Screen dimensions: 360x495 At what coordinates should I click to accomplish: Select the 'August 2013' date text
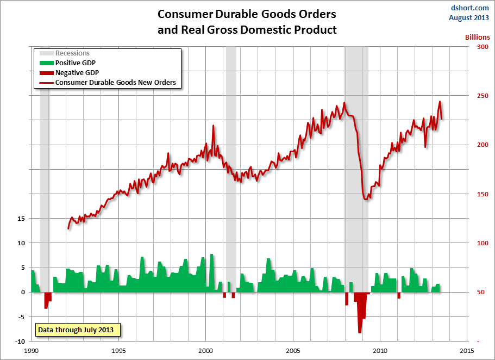[468, 17]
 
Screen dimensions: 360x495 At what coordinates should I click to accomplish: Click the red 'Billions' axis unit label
[477, 38]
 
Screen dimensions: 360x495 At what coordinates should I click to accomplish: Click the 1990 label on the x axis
[32, 351]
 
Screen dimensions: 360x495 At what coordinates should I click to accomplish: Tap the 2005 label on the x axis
[293, 351]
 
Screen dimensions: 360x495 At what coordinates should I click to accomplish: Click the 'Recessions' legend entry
[72, 53]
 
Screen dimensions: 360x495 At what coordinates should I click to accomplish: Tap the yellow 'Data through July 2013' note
[78, 330]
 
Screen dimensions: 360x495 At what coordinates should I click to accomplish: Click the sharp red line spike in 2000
[213, 126]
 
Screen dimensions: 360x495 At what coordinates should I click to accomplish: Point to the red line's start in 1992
[68, 228]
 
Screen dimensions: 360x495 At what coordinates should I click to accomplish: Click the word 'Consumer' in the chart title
[184, 13]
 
